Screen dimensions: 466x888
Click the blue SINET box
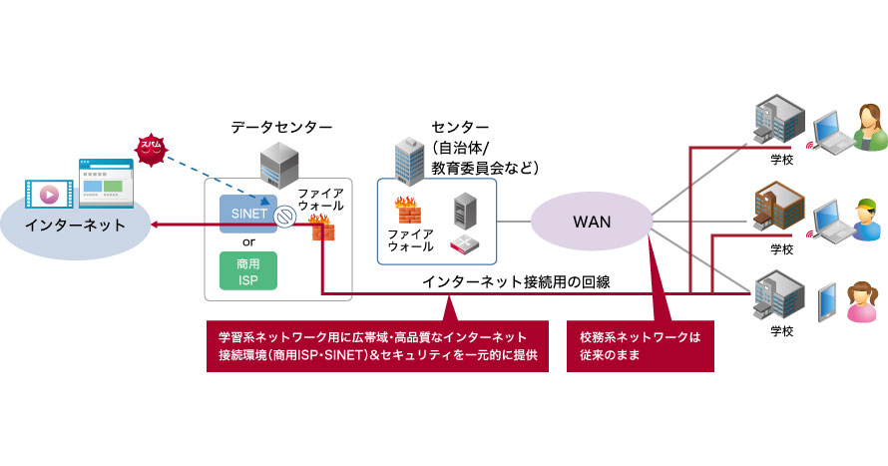(x=248, y=187)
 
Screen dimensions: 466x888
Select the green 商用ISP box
(x=248, y=270)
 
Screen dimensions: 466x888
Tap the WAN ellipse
(x=591, y=222)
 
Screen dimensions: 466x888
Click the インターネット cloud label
(x=77, y=225)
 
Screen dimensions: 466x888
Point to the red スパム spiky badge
(x=153, y=146)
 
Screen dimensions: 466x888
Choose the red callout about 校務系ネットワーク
(x=640, y=345)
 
